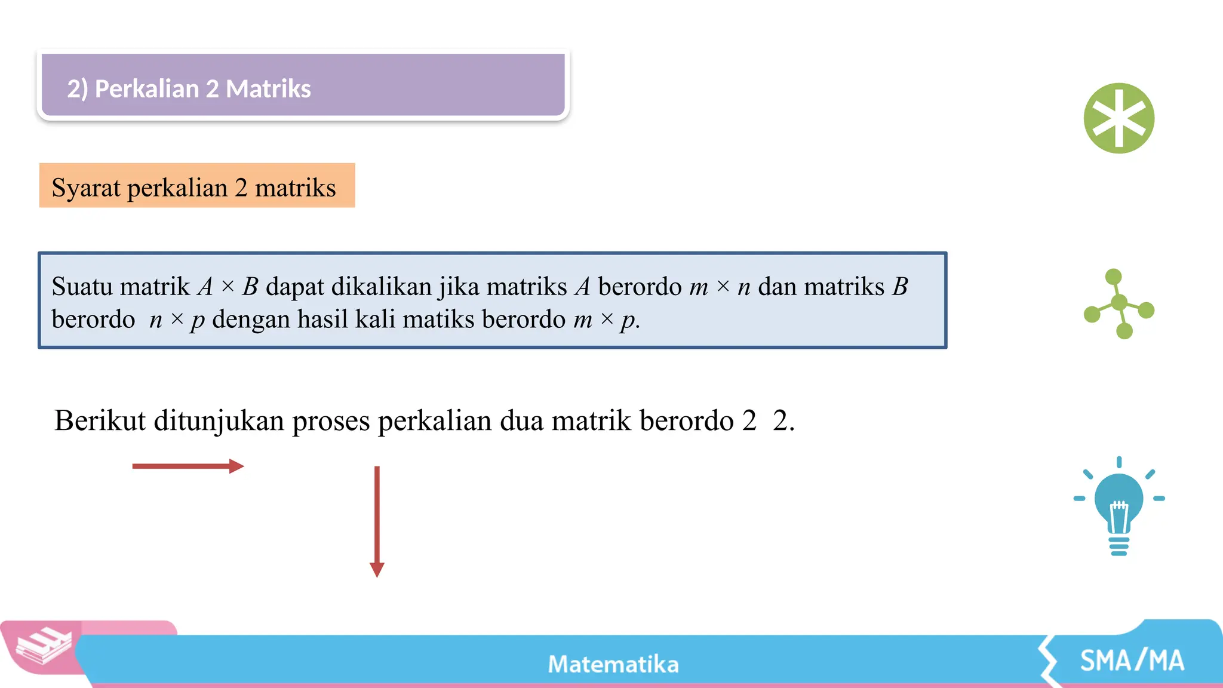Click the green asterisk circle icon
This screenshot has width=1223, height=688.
[1118, 118]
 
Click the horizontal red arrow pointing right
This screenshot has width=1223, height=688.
[188, 466]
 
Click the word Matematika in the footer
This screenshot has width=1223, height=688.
[613, 664]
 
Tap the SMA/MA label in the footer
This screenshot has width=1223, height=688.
[1132, 661]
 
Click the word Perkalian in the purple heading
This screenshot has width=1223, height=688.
[146, 89]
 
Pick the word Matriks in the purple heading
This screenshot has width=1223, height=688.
[268, 89]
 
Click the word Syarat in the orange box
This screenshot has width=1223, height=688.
[86, 188]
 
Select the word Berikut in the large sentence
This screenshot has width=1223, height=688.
[100, 420]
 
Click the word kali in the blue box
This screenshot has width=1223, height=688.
[375, 320]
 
